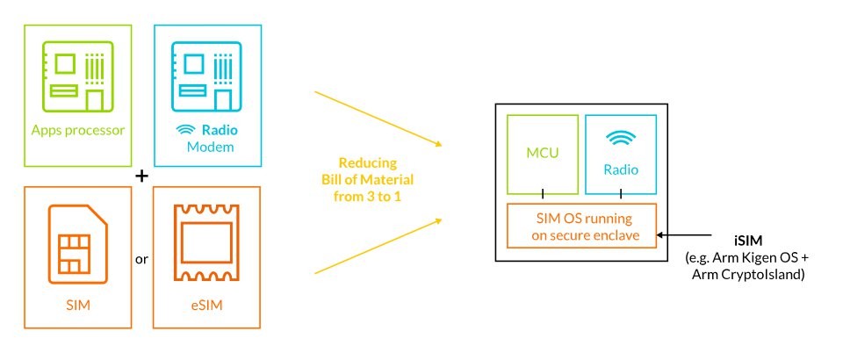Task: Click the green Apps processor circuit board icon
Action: coord(78,77)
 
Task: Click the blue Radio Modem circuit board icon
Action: coord(206,77)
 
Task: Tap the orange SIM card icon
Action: coord(78,243)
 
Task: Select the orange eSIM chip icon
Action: coord(207,243)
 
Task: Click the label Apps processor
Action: coord(78,130)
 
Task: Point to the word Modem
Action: coord(210,147)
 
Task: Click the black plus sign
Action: coord(141,176)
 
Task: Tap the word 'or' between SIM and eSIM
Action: coord(141,260)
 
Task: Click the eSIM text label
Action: coord(207,306)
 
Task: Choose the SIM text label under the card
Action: coord(78,306)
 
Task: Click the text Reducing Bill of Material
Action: coord(368,171)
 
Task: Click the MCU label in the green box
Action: coord(543,153)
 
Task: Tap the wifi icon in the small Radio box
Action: coord(621,139)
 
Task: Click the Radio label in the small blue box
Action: coord(621,169)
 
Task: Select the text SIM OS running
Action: coord(585,219)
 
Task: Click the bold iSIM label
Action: coord(746,241)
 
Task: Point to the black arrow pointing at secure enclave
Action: coord(692,234)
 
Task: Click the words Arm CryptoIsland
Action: coord(748,275)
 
